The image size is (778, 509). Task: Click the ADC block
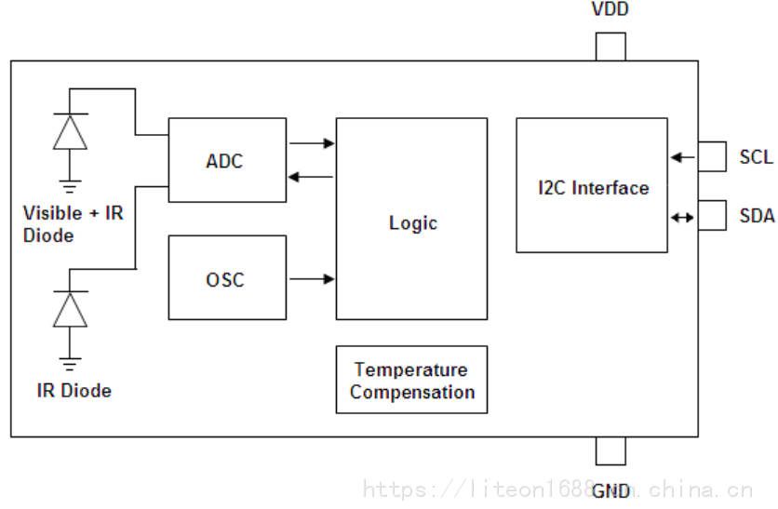pos(226,160)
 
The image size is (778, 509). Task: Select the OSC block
pos(226,277)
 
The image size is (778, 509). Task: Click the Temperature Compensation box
pos(411,380)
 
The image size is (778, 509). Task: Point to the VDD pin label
pos(610,10)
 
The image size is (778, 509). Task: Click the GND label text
pos(610,490)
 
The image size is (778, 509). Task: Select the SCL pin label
pos(756,157)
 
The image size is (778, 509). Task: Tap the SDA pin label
pos(757,216)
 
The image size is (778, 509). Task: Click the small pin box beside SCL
pos(712,156)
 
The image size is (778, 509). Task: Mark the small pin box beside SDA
pos(712,216)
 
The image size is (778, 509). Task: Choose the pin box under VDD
pos(610,47)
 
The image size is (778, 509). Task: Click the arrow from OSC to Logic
pos(312,278)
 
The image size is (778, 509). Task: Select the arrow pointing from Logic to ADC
pos(312,177)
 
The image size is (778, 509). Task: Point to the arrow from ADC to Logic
pos(312,143)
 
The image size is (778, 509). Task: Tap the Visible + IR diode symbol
pos(70,131)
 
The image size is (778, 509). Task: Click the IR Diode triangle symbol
pos(70,309)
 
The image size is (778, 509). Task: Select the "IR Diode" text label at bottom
pos(74,391)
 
